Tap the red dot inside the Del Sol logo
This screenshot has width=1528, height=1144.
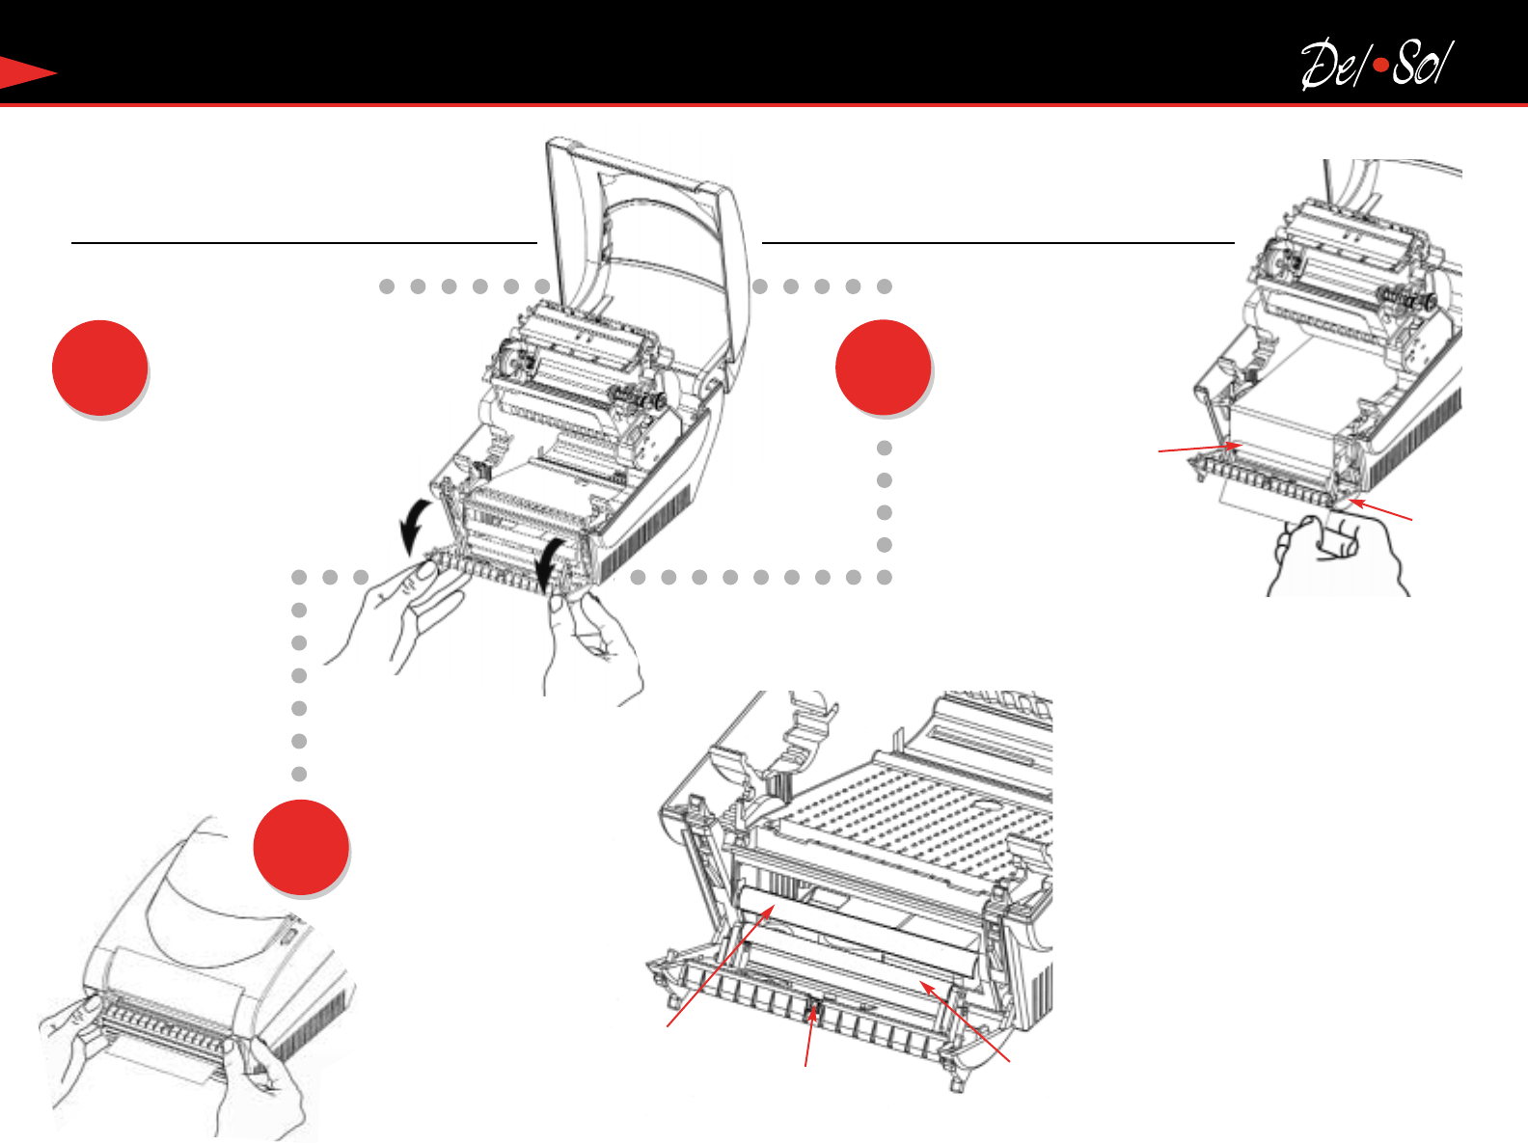click(x=1381, y=67)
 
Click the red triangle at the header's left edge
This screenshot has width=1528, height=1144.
click(x=26, y=72)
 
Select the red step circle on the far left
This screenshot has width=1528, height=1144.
click(x=99, y=368)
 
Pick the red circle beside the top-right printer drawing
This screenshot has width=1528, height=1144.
click(x=884, y=368)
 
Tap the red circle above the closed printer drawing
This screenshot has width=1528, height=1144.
click(x=301, y=848)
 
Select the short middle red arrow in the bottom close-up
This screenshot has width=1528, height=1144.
click(x=809, y=1036)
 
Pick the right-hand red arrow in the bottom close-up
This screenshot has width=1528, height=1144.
click(x=965, y=1021)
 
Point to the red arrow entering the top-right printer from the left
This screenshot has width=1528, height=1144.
click(x=1200, y=449)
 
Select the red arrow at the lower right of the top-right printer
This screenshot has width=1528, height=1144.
click(x=1380, y=509)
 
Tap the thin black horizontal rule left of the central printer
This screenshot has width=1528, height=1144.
click(x=304, y=243)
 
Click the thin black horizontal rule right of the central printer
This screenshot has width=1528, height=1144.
click(x=998, y=243)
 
